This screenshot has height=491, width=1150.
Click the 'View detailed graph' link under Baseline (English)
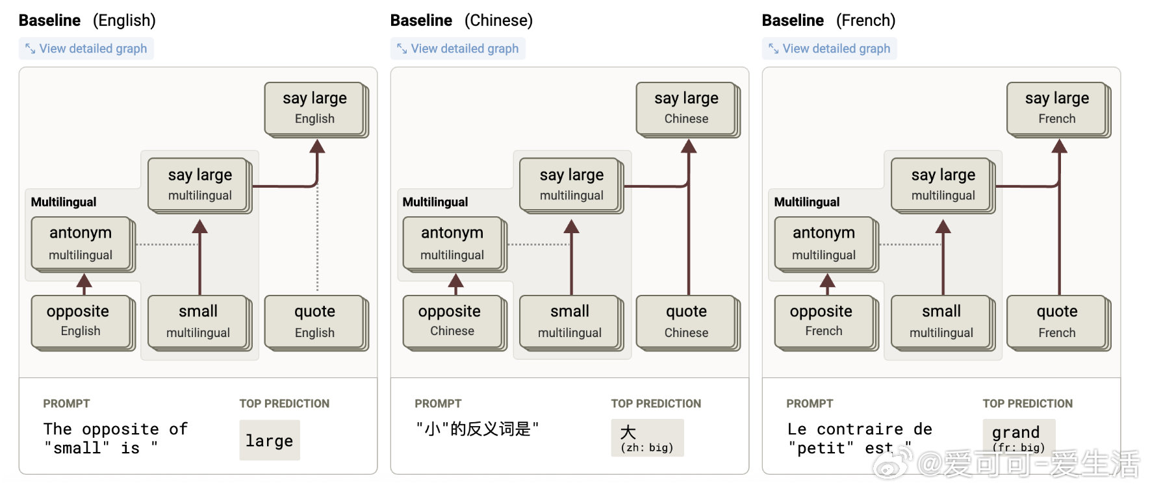(x=86, y=49)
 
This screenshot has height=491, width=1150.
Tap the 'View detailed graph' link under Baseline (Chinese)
(x=458, y=49)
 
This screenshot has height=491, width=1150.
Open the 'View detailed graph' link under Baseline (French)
(x=830, y=49)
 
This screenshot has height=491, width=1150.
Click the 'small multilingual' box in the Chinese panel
(x=572, y=323)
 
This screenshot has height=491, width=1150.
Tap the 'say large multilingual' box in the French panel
(x=943, y=186)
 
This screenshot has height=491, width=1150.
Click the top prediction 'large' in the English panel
(x=270, y=440)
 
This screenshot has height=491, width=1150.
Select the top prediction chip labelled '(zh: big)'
(x=647, y=438)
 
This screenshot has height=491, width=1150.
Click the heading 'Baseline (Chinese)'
(x=461, y=21)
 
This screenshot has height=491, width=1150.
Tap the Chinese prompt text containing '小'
(x=478, y=429)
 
